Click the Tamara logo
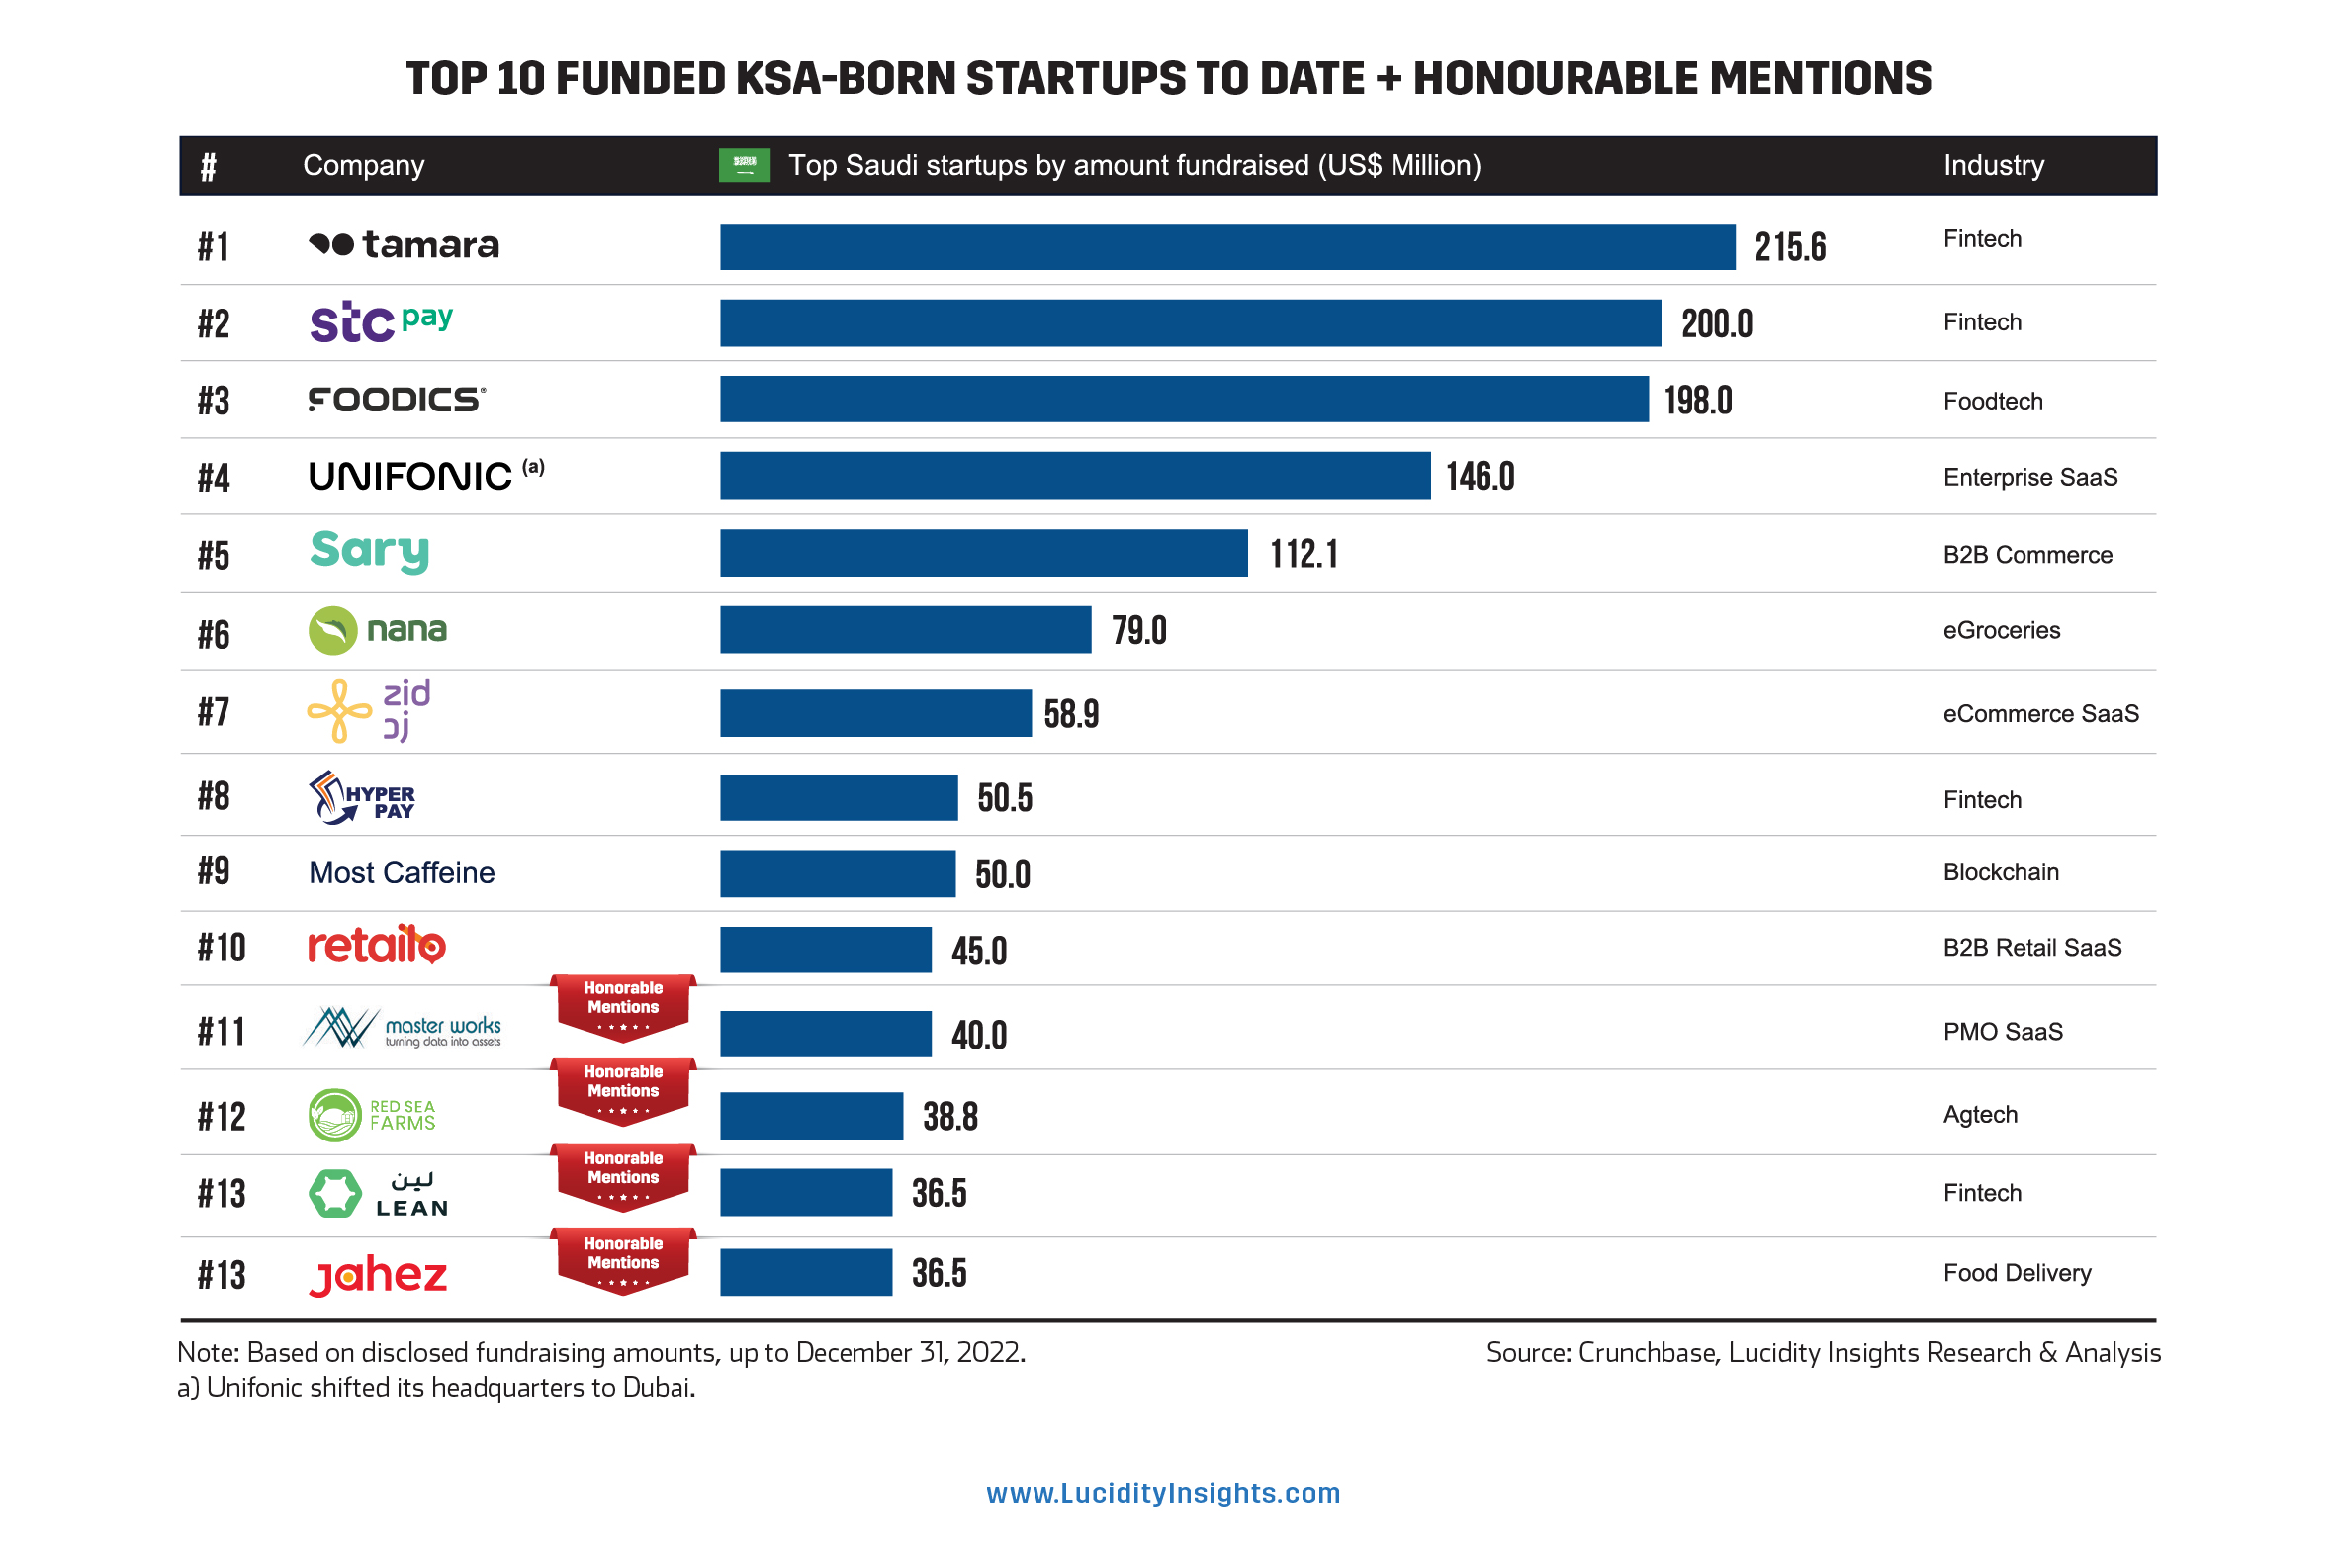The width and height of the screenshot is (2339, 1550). pyautogui.click(x=404, y=244)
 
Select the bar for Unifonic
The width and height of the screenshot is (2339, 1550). pyautogui.click(x=1074, y=476)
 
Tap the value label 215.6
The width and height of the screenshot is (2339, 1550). pyautogui.click(x=1789, y=247)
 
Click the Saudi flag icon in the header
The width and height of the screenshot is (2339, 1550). pyautogui.click(x=744, y=165)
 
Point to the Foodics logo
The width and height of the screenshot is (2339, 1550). pyautogui.click(x=397, y=400)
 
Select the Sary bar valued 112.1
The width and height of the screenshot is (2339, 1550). pyautogui.click(x=983, y=553)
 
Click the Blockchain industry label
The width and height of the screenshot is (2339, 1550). pyautogui.click(x=2000, y=872)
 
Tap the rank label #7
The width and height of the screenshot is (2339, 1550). pyautogui.click(x=214, y=712)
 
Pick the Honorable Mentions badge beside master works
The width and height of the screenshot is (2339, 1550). pyautogui.click(x=623, y=1006)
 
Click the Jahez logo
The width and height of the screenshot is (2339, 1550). pyautogui.click(x=378, y=1275)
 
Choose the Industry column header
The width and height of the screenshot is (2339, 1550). pyautogui.click(x=1993, y=165)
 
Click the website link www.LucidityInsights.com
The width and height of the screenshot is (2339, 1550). pyautogui.click(x=1163, y=1493)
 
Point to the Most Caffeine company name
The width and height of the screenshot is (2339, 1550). pyautogui.click(x=402, y=872)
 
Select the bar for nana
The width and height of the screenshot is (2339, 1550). pyautogui.click(x=905, y=630)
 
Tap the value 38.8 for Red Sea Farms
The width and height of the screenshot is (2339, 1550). pyautogui.click(x=949, y=1117)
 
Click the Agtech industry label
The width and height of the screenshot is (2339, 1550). pyautogui.click(x=1979, y=1115)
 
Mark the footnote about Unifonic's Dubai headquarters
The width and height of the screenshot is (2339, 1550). pyautogui.click(x=436, y=1388)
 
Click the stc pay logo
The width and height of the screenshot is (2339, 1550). pyautogui.click(x=381, y=322)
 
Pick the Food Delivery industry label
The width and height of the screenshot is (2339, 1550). pyautogui.click(x=2017, y=1273)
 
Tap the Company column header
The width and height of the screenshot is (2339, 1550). pyautogui.click(x=363, y=165)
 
